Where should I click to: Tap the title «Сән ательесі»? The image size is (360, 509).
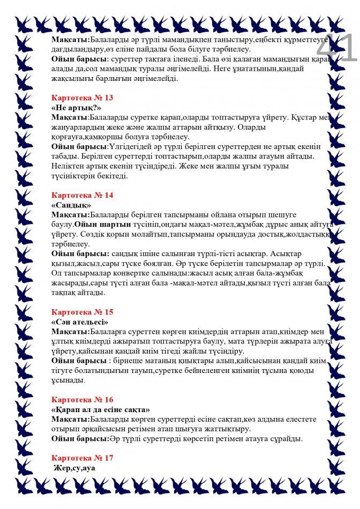(x=80, y=322)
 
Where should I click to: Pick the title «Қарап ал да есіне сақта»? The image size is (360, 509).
(x=101, y=409)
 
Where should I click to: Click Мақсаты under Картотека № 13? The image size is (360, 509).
(x=70, y=117)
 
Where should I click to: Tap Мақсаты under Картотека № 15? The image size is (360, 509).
(x=70, y=332)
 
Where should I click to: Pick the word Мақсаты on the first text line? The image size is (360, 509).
(x=70, y=40)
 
